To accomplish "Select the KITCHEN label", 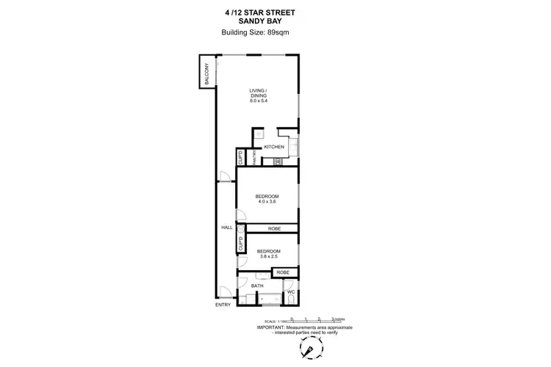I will tap(274, 147).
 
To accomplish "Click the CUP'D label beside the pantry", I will tap(240, 157).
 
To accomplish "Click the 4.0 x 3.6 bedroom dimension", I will tap(267, 203).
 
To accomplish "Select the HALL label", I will tap(227, 228).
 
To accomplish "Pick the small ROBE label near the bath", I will tap(283, 273).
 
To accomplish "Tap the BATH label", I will tap(257, 286).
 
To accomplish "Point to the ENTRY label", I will tap(223, 305).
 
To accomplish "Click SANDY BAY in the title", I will tap(275, 21).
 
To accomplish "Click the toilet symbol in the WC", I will tap(290, 301).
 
